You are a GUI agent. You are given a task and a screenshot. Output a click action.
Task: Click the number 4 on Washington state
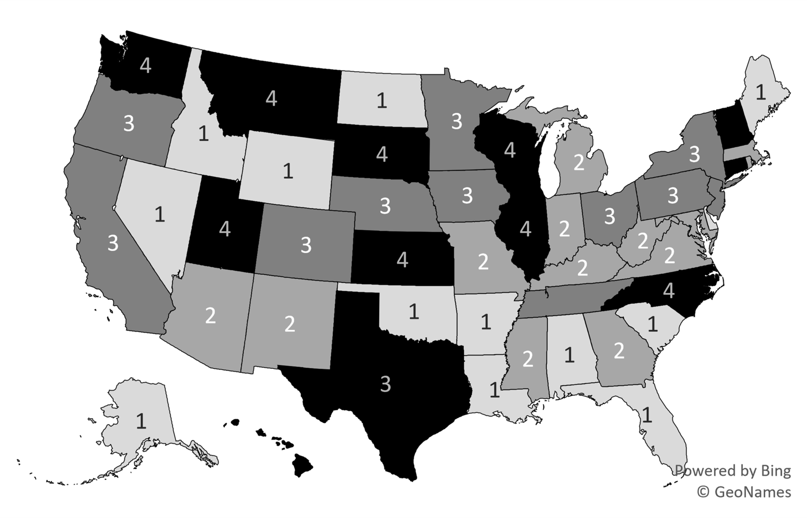point(146,66)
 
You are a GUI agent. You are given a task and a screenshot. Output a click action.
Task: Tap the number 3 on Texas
point(385,384)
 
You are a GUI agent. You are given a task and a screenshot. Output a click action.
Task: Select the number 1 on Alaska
point(141,421)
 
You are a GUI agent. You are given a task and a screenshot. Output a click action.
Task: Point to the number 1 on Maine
point(760,92)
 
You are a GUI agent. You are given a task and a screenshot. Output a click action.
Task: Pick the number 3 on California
point(113,243)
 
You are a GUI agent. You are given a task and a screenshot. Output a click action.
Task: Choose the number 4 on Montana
point(271,99)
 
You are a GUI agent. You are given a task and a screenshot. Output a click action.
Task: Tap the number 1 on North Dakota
point(382,101)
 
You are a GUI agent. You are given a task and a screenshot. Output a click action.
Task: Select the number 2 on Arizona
point(210,316)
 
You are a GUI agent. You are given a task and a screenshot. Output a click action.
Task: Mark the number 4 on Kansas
point(402,260)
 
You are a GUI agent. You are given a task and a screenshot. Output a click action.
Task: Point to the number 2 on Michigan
point(579,163)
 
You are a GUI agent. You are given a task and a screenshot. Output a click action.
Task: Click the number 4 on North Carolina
point(669,290)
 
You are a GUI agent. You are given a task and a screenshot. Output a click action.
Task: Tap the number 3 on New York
point(694,154)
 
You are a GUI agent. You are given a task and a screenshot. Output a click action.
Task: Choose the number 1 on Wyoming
point(288,171)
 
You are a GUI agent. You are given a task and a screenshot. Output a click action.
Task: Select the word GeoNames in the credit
point(752,491)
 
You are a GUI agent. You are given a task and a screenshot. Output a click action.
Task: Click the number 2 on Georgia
point(619,351)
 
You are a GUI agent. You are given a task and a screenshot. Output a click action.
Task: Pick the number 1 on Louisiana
point(495,390)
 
